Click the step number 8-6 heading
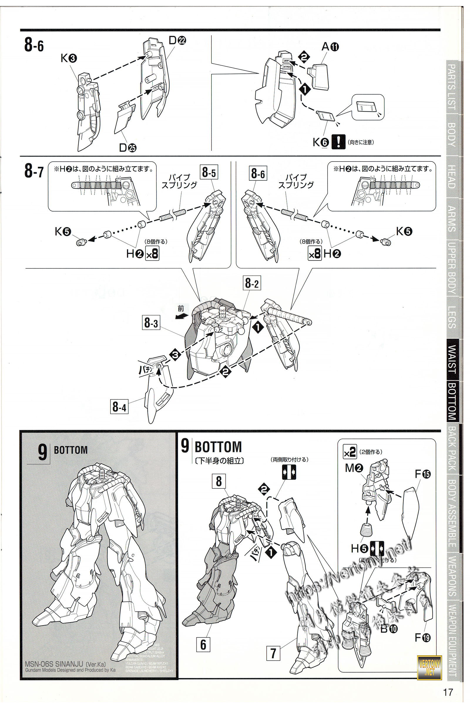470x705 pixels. [34, 45]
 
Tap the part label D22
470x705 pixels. [177, 40]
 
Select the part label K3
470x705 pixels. [69, 58]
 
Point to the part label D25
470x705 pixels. [127, 147]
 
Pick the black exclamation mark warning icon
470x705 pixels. [338, 142]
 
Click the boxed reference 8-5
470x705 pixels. [209, 172]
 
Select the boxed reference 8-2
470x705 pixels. [251, 283]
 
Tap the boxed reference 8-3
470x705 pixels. [151, 323]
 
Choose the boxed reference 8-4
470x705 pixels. [119, 407]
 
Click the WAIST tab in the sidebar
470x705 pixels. [452, 359]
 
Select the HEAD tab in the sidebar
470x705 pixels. [452, 177]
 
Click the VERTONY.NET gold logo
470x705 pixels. [429, 667]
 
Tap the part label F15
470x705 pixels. [422, 474]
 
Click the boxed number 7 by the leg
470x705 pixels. [273, 653]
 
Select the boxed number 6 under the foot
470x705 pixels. [203, 644]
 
